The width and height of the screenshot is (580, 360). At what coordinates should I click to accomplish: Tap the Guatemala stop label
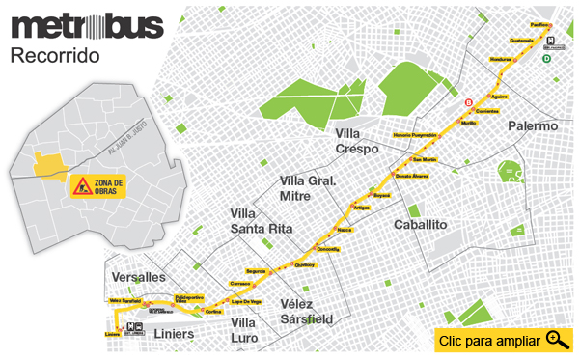pyautogui.click(x=520, y=41)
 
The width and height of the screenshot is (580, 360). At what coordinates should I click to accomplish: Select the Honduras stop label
pyautogui.click(x=500, y=60)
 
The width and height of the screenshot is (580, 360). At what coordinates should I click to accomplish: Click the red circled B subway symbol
pyautogui.click(x=469, y=102)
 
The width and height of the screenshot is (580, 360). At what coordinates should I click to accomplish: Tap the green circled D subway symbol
pyautogui.click(x=547, y=58)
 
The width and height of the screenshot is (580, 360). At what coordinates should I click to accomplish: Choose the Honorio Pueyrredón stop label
pyautogui.click(x=416, y=134)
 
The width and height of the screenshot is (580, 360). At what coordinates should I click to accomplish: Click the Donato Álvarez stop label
pyautogui.click(x=411, y=176)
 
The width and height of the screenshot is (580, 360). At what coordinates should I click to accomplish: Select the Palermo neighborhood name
pyautogui.click(x=533, y=126)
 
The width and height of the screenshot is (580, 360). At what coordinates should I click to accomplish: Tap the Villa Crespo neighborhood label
pyautogui.click(x=358, y=141)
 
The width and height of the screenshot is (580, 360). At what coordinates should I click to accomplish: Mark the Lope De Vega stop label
pyautogui.click(x=247, y=302)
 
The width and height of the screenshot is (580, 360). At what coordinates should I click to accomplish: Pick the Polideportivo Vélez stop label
pyautogui.click(x=188, y=299)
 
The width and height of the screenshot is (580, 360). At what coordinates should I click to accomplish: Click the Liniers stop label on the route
pyautogui.click(x=112, y=334)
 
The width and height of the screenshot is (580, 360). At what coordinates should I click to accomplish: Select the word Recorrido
pyautogui.click(x=55, y=56)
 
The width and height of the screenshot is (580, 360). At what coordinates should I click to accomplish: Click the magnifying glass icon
pyautogui.click(x=557, y=339)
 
